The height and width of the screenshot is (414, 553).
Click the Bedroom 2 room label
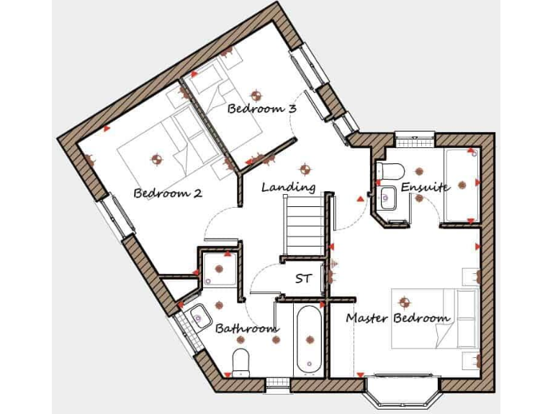[x=167, y=193]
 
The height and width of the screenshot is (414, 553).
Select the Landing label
[x=288, y=187]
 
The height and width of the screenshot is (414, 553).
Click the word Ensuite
[x=425, y=187]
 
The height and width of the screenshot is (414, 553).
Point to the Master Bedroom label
[x=398, y=317]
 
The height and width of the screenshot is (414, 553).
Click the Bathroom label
[x=247, y=328]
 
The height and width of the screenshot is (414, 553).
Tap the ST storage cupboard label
[x=303, y=279]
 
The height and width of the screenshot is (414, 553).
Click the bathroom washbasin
[x=199, y=316]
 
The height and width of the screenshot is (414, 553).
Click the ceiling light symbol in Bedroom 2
[x=156, y=157]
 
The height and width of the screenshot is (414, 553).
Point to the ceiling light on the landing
[x=305, y=170]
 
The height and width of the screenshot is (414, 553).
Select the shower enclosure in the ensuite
[x=462, y=185]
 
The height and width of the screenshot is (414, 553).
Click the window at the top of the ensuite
[x=415, y=137]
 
